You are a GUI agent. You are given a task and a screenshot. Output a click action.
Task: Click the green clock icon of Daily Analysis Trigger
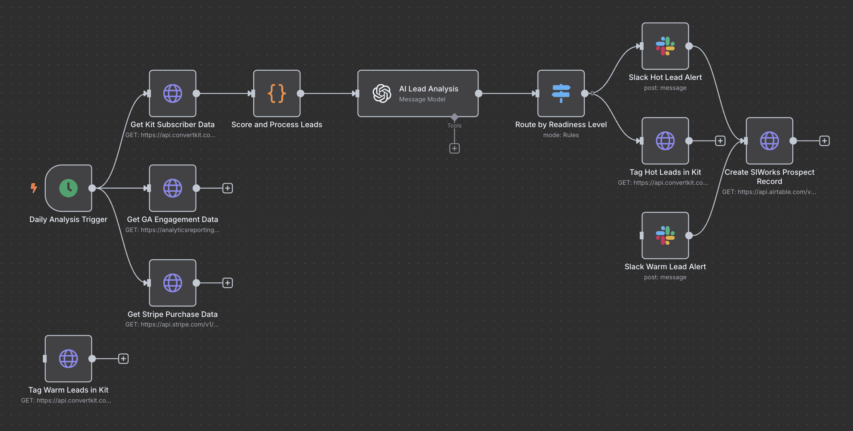(68, 188)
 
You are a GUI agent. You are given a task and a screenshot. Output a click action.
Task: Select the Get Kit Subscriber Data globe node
(173, 93)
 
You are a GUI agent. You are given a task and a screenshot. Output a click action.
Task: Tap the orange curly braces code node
(277, 93)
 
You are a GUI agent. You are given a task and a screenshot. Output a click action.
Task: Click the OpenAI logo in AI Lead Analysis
(382, 93)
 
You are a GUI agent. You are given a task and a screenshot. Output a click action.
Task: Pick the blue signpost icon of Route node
(561, 93)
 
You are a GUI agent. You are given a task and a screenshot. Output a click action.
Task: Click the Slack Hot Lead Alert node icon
(665, 46)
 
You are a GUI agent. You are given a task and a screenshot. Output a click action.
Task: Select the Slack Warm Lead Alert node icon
(665, 235)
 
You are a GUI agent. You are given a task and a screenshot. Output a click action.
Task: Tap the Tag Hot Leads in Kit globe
(665, 141)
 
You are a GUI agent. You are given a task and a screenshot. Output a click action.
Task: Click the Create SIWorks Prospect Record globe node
(769, 141)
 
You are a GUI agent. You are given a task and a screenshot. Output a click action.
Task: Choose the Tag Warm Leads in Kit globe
(68, 359)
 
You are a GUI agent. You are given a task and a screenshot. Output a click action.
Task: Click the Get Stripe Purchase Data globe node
(173, 283)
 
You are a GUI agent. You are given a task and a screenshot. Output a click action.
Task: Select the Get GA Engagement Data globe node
(173, 188)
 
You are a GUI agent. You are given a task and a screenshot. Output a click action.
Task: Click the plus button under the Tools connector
(455, 149)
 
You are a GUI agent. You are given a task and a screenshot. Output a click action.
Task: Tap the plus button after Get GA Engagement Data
(227, 188)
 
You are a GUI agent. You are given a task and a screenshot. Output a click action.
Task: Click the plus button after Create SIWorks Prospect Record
(824, 141)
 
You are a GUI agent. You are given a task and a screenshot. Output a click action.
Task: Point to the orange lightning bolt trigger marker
(34, 188)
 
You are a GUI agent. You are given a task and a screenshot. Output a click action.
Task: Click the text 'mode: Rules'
(561, 135)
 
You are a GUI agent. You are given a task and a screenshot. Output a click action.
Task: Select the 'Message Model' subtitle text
(422, 99)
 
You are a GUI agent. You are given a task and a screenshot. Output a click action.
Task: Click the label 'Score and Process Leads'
(277, 124)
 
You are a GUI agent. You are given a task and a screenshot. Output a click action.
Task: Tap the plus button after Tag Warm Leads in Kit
(123, 359)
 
